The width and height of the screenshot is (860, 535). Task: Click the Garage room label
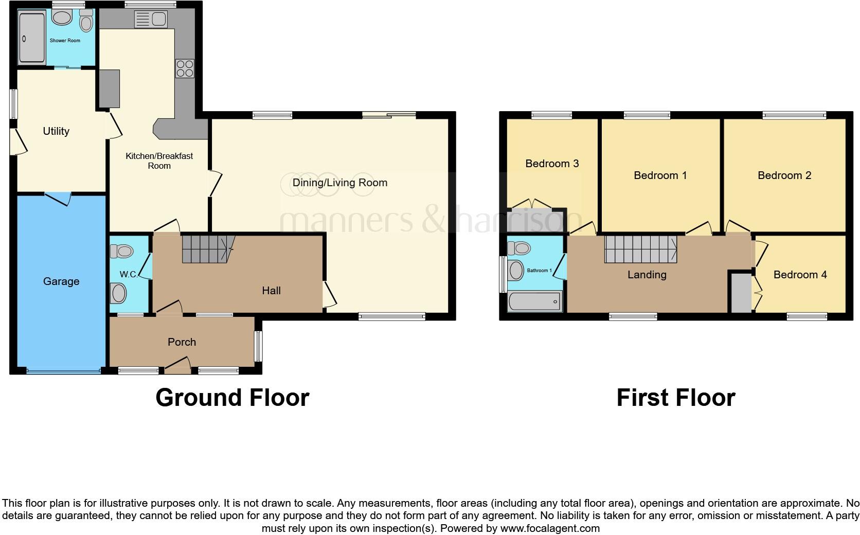point(61,281)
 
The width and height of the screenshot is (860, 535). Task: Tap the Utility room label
point(56,131)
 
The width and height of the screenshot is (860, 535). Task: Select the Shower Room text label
point(65,40)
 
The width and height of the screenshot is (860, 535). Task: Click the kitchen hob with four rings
point(185,68)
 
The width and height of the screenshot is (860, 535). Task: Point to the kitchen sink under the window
point(150,20)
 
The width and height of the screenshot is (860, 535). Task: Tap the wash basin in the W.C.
point(119,294)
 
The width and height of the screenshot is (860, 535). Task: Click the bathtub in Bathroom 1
point(535,302)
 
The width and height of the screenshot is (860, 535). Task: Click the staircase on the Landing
point(640,249)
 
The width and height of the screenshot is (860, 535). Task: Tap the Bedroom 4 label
point(800,275)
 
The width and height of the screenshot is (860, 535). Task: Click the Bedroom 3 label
point(552,164)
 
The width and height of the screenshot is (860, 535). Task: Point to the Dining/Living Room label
point(339,183)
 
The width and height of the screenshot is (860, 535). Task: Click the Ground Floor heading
point(232,398)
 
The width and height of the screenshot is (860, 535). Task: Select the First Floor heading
point(676,398)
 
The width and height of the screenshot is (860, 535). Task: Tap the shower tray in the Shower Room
point(31,38)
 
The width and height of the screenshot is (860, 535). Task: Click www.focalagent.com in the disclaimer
point(550,528)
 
